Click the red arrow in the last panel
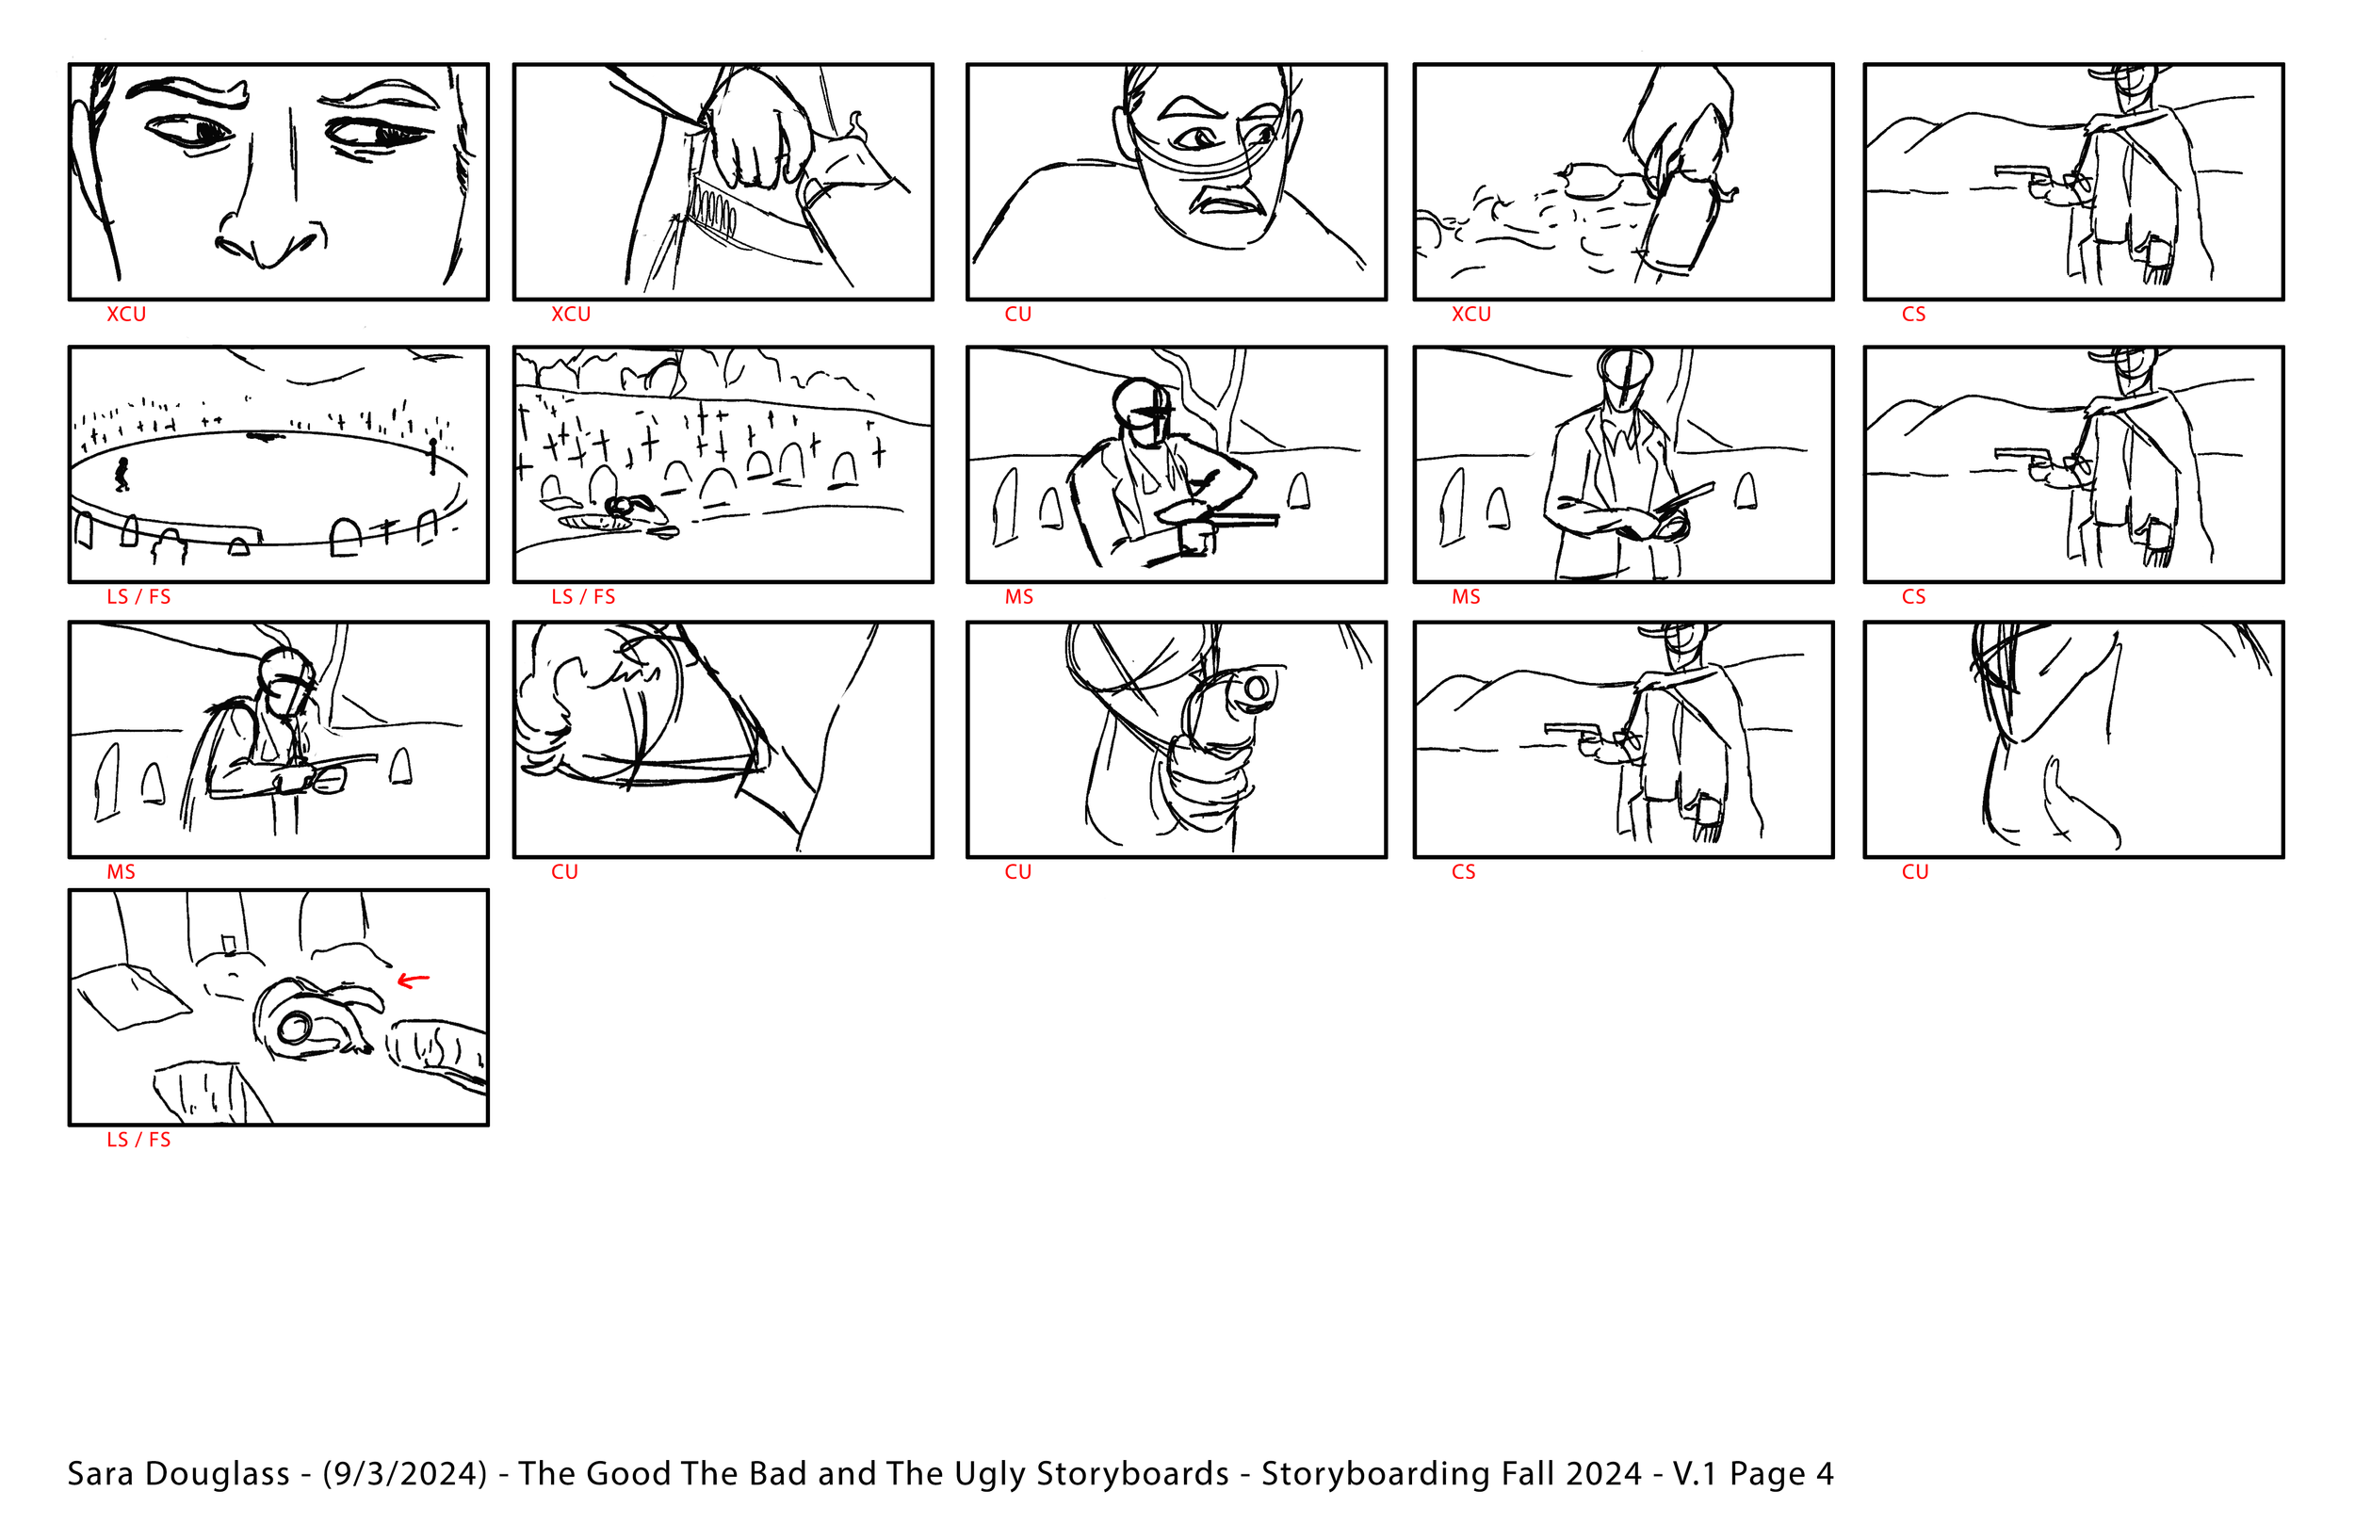pyautogui.click(x=413, y=981)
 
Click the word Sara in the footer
pyautogui.click(x=98, y=1473)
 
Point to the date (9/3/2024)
pyautogui.click(x=405, y=1474)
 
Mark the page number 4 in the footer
pyautogui.click(x=1825, y=1474)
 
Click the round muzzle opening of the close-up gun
pyautogui.click(x=1255, y=688)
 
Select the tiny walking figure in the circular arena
pyautogui.click(x=122, y=474)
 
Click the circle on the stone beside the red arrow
pyautogui.click(x=295, y=1030)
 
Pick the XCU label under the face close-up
pyautogui.click(x=126, y=314)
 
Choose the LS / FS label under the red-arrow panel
pyautogui.click(x=138, y=1139)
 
